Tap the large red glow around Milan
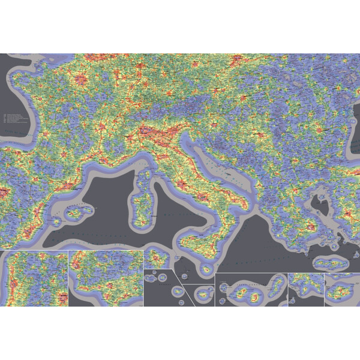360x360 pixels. tap(147, 129)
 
